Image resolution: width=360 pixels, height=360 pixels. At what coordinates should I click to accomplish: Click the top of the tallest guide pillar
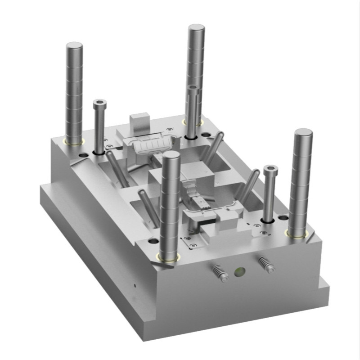click(197, 30)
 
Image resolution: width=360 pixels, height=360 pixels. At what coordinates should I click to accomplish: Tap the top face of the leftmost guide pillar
click(74, 46)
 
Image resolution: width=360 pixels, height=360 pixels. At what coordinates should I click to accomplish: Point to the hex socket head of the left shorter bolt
click(99, 103)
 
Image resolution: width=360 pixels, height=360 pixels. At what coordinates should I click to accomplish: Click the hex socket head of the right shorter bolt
click(271, 170)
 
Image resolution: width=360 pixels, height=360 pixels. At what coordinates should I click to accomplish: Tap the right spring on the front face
click(265, 265)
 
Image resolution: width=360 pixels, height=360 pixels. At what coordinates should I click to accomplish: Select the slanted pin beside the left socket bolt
click(117, 169)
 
